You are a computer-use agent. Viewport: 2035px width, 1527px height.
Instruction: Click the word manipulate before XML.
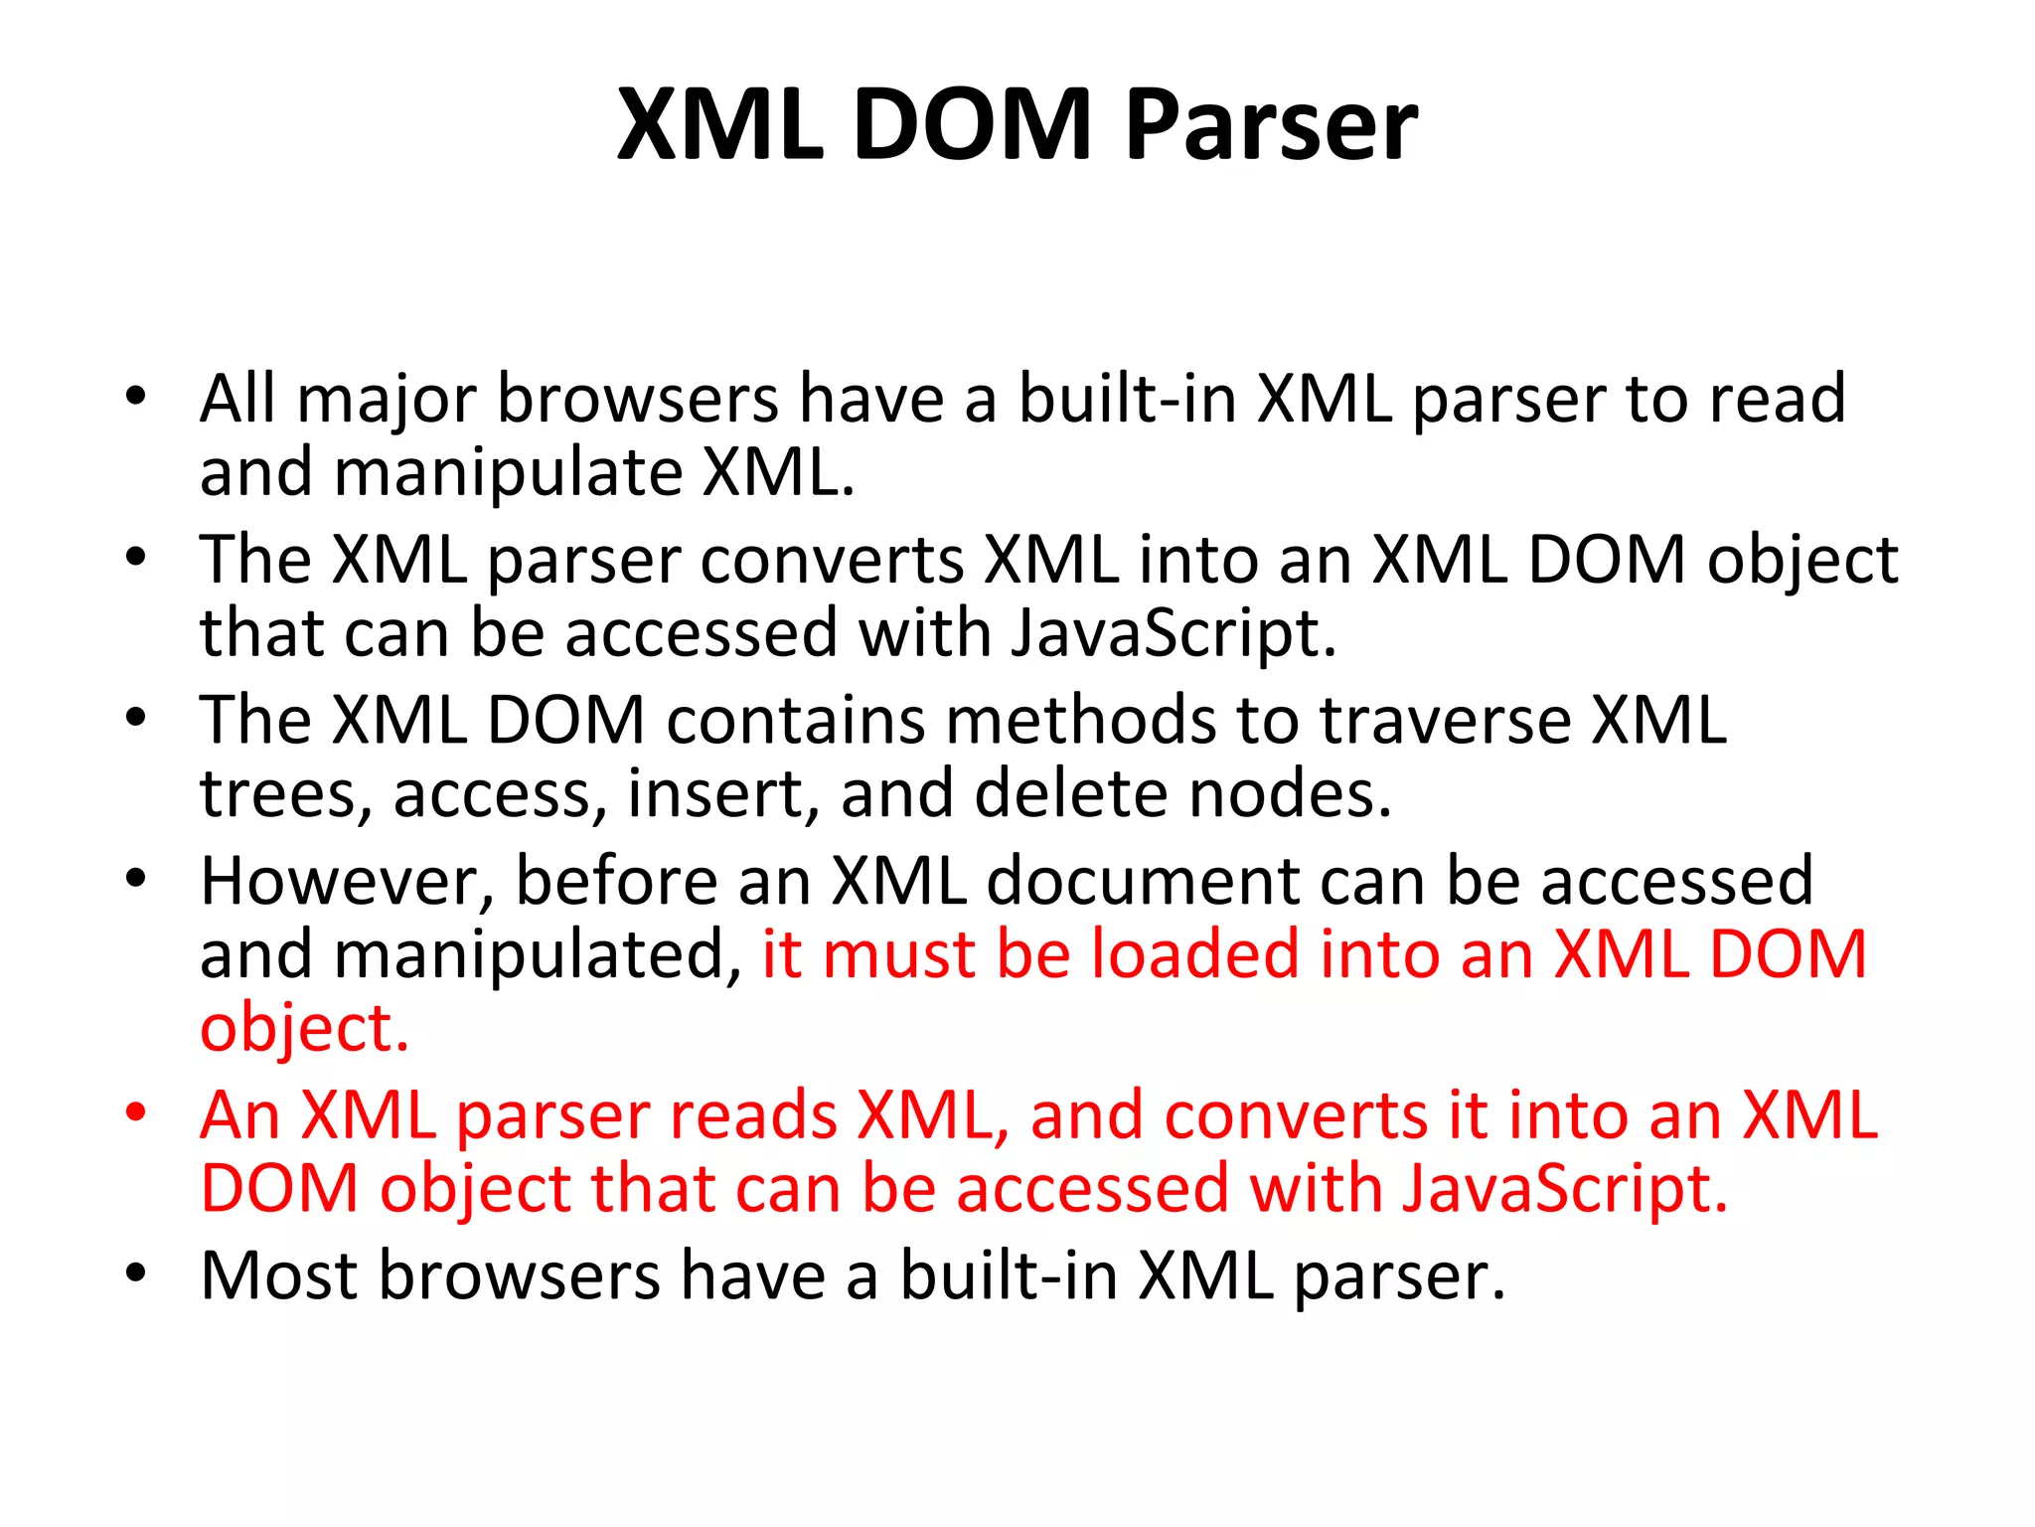pos(508,473)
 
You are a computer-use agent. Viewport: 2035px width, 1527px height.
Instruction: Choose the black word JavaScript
pos(1173,634)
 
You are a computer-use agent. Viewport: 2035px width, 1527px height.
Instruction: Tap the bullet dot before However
pos(136,877)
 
